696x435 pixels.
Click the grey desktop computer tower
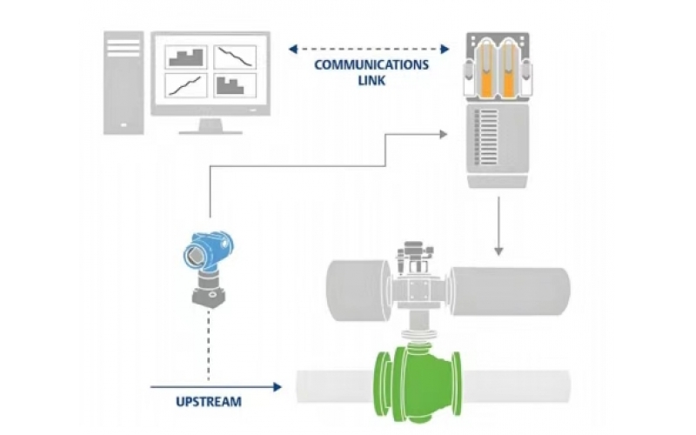coord(123,83)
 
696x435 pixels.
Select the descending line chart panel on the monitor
coord(235,57)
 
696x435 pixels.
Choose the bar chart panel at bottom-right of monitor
coord(235,85)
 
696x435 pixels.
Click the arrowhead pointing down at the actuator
coord(499,251)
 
